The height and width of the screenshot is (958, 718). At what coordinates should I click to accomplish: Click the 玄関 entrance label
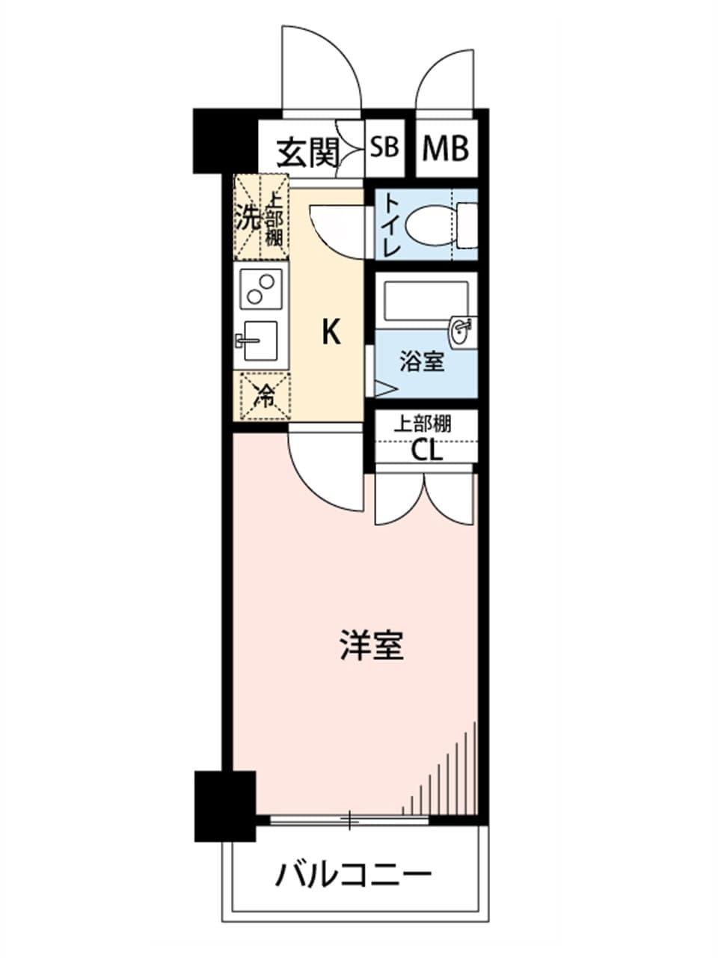(x=308, y=153)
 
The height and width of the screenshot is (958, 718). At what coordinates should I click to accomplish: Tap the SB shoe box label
(x=384, y=147)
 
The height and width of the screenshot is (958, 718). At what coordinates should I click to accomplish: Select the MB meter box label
(x=445, y=148)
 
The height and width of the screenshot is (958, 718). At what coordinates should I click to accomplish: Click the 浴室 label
(x=423, y=361)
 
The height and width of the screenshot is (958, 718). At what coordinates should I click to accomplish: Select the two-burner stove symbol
(x=261, y=289)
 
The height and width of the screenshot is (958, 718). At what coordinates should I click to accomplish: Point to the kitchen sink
(x=260, y=340)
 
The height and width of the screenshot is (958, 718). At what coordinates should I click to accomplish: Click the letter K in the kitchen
(x=331, y=332)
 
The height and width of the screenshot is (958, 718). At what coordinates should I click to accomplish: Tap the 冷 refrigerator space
(x=261, y=396)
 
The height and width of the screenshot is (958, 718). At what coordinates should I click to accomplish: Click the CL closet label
(x=427, y=451)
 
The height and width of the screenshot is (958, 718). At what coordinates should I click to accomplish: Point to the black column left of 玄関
(x=226, y=141)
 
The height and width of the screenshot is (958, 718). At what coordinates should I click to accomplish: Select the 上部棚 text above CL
(x=422, y=424)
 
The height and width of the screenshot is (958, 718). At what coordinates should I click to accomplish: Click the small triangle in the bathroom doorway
(x=384, y=389)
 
